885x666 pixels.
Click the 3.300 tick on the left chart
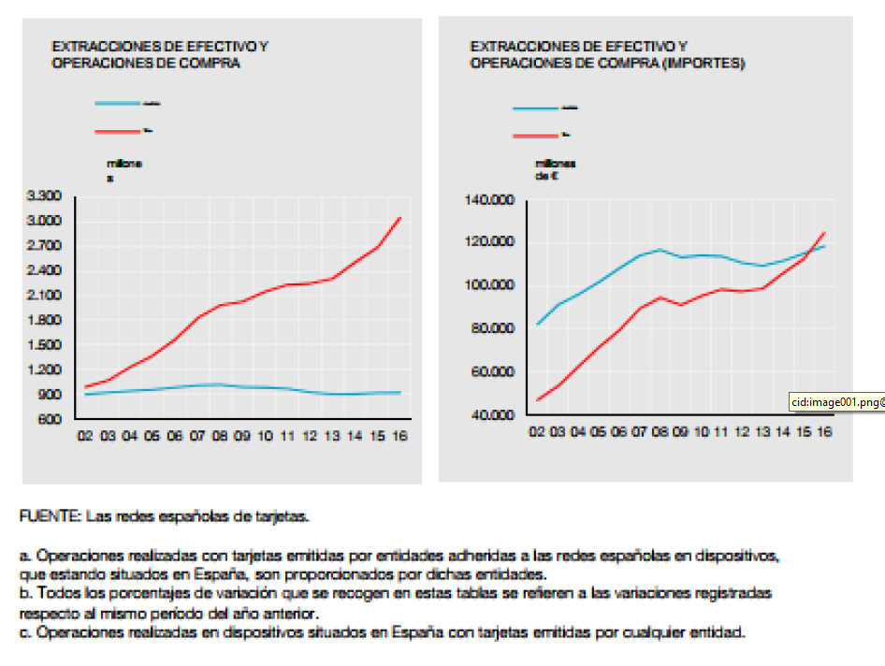pyautogui.click(x=45, y=195)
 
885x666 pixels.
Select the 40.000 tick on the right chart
pyautogui.click(x=493, y=414)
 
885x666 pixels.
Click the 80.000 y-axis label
pyautogui.click(x=493, y=328)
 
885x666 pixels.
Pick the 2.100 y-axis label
pyautogui.click(x=45, y=295)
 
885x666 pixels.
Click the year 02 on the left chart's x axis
pyautogui.click(x=85, y=436)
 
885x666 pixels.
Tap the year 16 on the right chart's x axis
pyautogui.click(x=823, y=431)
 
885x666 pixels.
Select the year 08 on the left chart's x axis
pyautogui.click(x=220, y=436)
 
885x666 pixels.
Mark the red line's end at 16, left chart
pyautogui.click(x=400, y=218)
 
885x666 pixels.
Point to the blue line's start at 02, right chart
pyautogui.click(x=537, y=324)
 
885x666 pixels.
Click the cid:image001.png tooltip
pyautogui.click(x=836, y=402)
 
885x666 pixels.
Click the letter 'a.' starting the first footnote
pyautogui.click(x=25, y=555)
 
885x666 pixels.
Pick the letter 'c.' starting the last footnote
pyautogui.click(x=25, y=633)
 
